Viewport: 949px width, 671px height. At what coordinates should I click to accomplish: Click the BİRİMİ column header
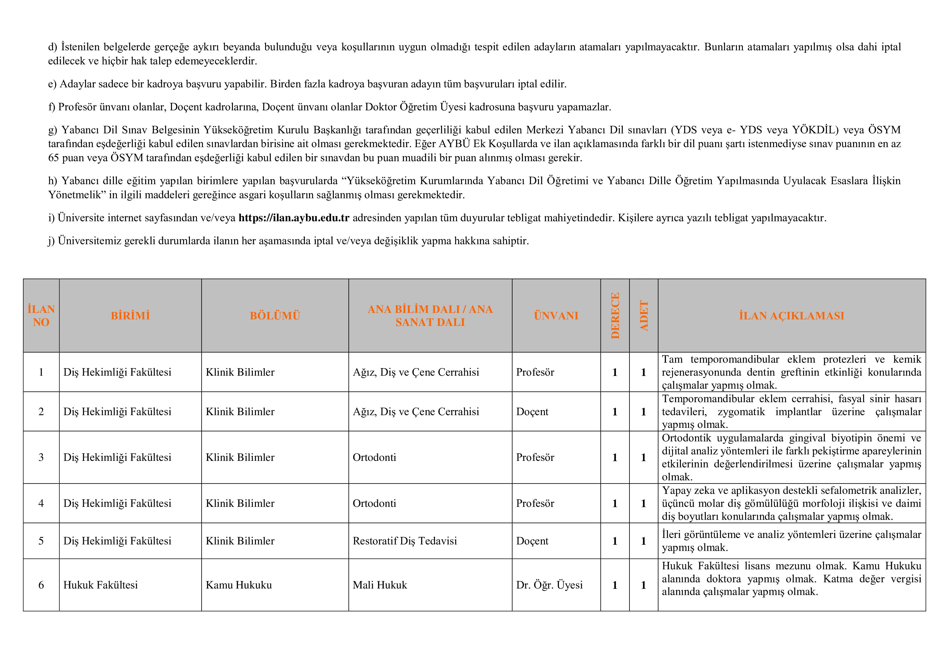(130, 316)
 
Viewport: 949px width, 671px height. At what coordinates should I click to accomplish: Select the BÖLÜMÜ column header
(275, 316)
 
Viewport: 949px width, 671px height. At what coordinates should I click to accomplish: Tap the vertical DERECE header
(615, 316)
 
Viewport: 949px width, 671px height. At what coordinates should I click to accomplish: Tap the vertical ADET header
(644, 316)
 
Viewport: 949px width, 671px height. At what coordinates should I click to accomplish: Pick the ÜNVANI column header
(556, 316)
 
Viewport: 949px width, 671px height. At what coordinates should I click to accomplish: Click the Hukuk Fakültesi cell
(100, 585)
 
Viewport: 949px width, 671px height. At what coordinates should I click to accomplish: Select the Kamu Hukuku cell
(239, 585)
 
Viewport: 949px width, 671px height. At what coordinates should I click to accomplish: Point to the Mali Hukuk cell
(380, 585)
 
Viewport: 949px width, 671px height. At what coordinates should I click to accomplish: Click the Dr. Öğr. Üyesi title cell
(549, 585)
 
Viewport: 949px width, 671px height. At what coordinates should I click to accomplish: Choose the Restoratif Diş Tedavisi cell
(405, 541)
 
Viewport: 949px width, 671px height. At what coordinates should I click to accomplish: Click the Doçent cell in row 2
(532, 412)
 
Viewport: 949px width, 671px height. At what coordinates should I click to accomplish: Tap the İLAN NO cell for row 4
(41, 504)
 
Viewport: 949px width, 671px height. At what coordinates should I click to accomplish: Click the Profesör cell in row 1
(535, 372)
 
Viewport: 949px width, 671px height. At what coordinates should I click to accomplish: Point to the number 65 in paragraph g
(54, 158)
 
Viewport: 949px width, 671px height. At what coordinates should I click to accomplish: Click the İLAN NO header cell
(41, 316)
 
